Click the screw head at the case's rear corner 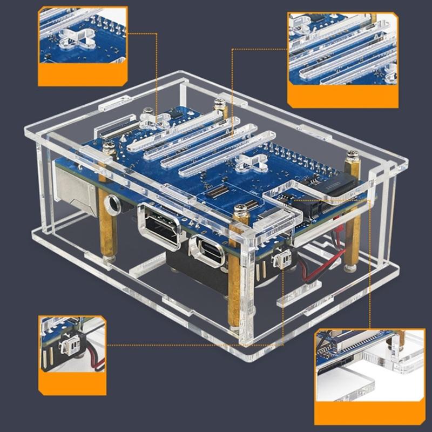pos(219,102)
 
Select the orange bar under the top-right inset pos(343,96)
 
